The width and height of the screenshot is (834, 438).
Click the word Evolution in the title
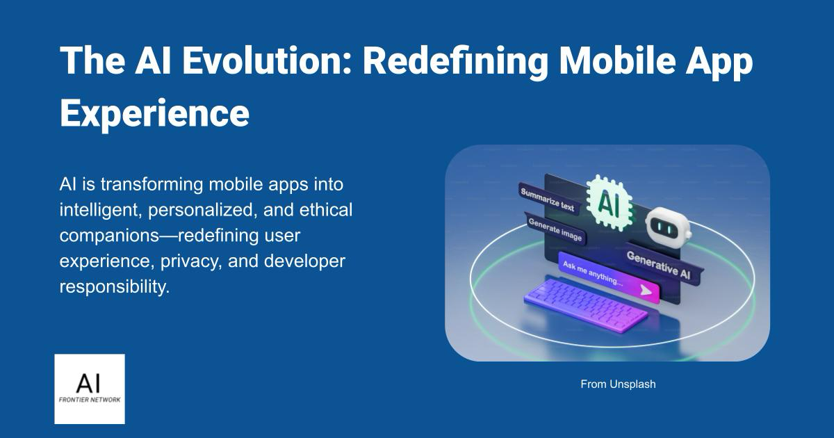click(267, 60)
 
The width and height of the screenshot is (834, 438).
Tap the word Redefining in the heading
click(455, 62)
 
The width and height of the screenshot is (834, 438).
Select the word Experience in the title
click(154, 113)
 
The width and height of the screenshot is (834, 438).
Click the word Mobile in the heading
click(617, 60)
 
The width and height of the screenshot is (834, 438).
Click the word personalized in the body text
click(201, 211)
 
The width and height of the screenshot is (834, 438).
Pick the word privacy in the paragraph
click(190, 261)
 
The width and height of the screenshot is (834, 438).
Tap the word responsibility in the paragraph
click(115, 287)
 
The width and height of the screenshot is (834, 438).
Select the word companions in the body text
click(110, 236)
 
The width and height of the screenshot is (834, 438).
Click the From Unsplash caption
click(618, 384)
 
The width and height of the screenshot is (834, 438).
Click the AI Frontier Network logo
click(90, 389)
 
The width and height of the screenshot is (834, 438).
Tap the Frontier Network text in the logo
click(90, 400)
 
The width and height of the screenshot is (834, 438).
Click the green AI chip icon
click(610, 202)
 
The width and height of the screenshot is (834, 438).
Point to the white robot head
click(669, 227)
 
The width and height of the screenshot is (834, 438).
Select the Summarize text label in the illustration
click(548, 200)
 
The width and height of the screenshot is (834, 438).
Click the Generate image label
click(555, 229)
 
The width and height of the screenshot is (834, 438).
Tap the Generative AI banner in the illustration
click(659, 264)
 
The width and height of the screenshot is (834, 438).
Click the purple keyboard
click(585, 304)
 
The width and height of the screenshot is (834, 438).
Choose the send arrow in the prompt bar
click(646, 290)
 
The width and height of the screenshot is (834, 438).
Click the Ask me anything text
click(593, 273)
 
